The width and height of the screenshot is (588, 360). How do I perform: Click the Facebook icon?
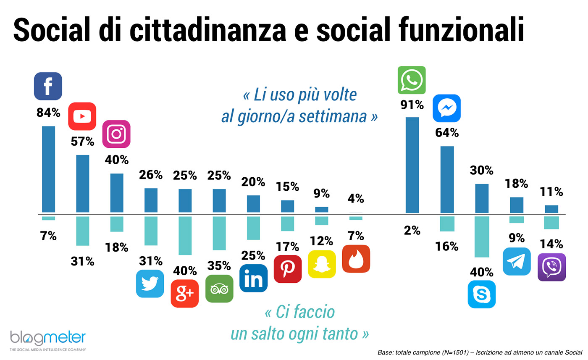point(48,86)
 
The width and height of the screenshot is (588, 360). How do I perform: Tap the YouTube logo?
point(82,116)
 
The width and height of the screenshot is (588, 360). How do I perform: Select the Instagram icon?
point(117,134)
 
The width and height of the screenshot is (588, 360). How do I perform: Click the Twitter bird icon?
point(150,284)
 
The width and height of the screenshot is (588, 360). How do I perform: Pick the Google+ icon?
point(184,293)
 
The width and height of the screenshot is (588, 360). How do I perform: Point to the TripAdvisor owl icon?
point(219,289)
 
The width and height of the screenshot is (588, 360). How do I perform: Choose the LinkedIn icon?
point(253,278)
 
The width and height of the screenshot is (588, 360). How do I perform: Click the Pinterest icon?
point(288,269)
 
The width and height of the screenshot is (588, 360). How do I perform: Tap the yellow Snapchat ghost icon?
point(322,264)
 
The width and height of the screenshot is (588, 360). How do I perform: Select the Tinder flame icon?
point(356,259)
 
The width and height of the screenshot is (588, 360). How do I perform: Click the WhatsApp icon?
point(412,80)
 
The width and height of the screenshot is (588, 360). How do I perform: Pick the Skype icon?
point(482,294)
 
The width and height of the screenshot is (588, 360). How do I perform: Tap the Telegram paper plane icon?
point(517,261)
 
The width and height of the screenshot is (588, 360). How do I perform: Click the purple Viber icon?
point(551,267)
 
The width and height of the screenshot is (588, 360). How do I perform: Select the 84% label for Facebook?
point(48,113)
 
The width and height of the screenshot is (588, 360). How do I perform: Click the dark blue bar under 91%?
point(412,165)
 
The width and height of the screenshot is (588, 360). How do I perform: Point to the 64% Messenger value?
point(447,133)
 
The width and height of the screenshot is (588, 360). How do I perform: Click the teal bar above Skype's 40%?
point(482,236)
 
